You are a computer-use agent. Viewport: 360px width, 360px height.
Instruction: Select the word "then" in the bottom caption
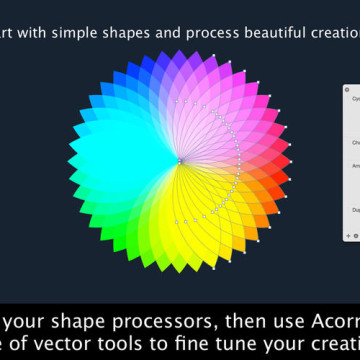pos(229,296)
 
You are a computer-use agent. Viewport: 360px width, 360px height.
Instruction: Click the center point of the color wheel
pos(180,160)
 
